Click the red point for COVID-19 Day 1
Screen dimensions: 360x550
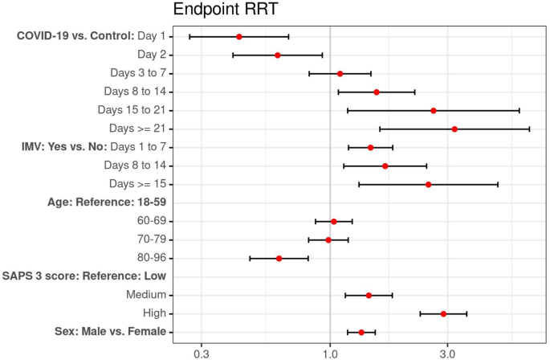coord(239,37)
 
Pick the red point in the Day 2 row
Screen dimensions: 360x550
coord(278,55)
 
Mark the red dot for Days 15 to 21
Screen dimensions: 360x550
coord(434,110)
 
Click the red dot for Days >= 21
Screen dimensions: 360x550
coord(454,129)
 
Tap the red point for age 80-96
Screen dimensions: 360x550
coord(279,259)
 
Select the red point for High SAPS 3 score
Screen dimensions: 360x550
coord(443,313)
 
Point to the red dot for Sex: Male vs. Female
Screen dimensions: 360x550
coord(361,332)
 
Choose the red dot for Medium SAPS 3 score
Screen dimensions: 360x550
coord(369,295)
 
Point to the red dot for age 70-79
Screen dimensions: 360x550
coord(328,239)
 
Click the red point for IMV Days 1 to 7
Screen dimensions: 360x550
coord(370,147)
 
